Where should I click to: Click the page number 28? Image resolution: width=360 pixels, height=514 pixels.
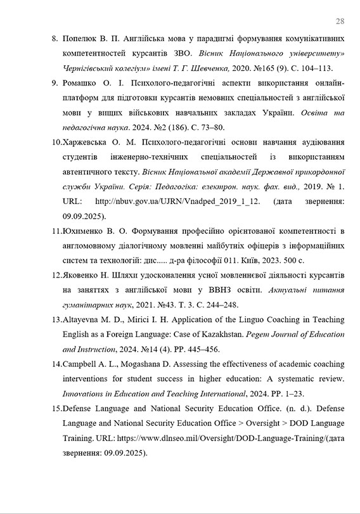tap(340, 21)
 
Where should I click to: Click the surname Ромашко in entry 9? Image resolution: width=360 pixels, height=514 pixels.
tap(80, 83)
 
